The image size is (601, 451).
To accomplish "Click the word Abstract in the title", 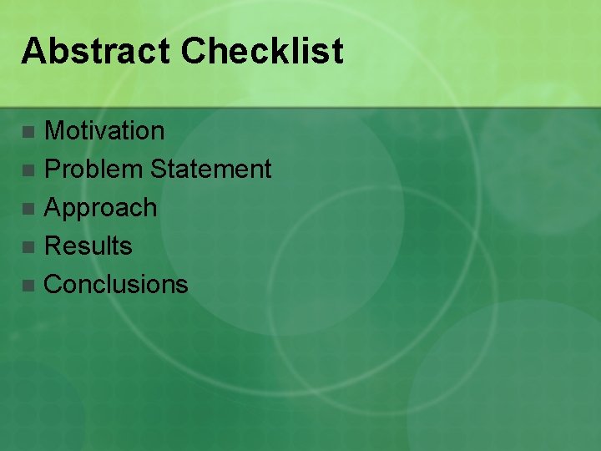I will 96,51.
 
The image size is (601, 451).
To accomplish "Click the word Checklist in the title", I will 261,51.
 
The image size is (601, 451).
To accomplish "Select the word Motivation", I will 104,130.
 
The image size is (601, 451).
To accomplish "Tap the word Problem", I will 93,170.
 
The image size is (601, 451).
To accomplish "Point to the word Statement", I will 210,170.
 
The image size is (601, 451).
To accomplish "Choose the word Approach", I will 100,208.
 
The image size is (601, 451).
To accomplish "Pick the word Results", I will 88,246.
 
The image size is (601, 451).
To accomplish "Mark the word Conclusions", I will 116,285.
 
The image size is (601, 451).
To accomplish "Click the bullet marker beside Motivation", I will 29,132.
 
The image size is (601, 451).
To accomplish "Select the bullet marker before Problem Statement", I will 29,170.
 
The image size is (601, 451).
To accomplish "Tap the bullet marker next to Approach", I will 29,209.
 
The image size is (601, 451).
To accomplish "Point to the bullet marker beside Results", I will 29,247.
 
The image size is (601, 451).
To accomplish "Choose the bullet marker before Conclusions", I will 29,286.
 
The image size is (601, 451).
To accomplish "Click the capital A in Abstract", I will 33,51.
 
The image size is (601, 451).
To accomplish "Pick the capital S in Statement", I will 159,170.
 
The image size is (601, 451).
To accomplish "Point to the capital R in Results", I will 53,246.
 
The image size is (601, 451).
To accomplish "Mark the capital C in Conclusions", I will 53,285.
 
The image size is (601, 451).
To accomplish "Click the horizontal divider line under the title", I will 300,107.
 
